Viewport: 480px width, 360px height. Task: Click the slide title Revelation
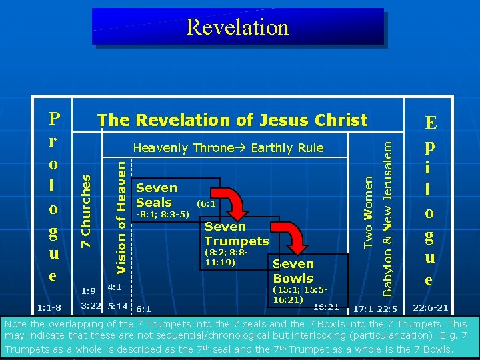coord(237,27)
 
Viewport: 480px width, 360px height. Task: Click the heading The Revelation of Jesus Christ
coord(232,120)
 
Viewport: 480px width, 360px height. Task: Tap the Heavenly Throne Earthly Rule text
coord(228,148)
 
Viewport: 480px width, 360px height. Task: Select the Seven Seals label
coord(157,195)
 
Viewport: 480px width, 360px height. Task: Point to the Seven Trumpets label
coord(236,233)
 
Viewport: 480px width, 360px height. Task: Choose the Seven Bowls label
coord(293,271)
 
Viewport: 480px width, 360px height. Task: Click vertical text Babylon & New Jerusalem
coord(388,211)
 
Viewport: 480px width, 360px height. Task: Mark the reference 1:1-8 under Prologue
coord(49,307)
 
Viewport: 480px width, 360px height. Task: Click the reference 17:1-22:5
coord(375,309)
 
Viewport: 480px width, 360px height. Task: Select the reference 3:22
coord(91,306)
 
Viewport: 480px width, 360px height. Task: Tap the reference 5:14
coord(118,306)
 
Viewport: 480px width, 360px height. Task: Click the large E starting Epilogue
coord(431,123)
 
